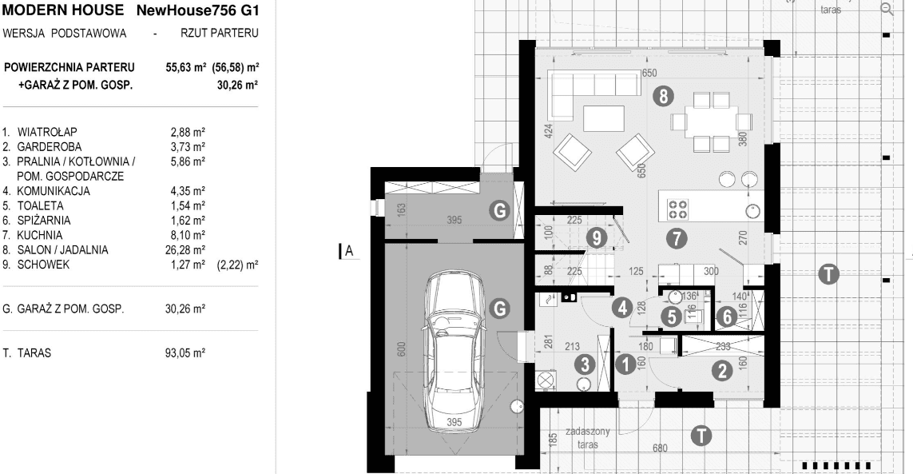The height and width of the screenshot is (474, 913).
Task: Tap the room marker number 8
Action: tap(662, 98)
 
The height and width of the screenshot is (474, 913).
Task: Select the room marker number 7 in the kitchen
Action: tap(675, 237)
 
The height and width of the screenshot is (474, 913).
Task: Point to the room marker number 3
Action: tap(586, 364)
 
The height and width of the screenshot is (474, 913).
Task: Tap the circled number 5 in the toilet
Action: tap(673, 317)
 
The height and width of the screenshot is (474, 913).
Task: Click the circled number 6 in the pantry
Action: tap(725, 317)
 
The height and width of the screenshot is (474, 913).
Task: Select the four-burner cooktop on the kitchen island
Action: tap(678, 209)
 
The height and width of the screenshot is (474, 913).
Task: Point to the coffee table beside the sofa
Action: tap(603, 118)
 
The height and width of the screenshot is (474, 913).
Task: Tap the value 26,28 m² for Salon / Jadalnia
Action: tap(188, 250)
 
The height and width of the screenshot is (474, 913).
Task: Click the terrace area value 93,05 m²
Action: tap(188, 351)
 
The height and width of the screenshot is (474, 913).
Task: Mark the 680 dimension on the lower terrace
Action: tap(660, 449)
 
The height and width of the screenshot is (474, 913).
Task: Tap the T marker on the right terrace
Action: tap(830, 275)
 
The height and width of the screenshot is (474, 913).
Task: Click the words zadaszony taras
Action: tap(588, 436)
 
